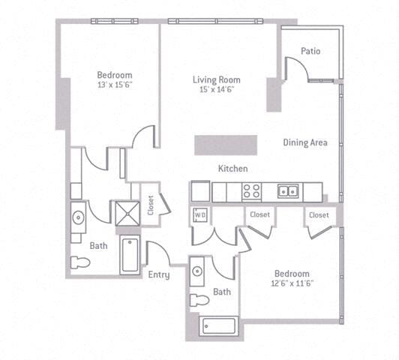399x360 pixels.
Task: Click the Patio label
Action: pos(310,52)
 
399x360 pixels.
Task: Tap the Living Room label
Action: pos(216,79)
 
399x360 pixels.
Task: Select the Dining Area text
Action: pos(306,142)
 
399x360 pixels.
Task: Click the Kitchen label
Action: pos(232,169)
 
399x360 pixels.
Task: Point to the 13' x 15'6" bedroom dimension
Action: pos(115,85)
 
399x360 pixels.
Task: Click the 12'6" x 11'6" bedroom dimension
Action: pos(292,283)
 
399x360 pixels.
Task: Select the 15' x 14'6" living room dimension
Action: pos(216,90)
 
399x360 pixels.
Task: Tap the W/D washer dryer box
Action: pos(200,215)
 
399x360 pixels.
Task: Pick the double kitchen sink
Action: pos(287,191)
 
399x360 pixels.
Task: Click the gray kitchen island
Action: pos(225,145)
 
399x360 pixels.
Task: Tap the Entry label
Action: pos(158,274)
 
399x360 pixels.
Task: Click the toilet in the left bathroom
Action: pos(79,262)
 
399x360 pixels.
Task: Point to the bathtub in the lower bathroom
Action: pos(218,326)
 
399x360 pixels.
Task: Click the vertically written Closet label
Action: pos(150,205)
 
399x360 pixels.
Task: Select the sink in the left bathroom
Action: pos(78,218)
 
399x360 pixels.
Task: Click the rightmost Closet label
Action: pos(319,214)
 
